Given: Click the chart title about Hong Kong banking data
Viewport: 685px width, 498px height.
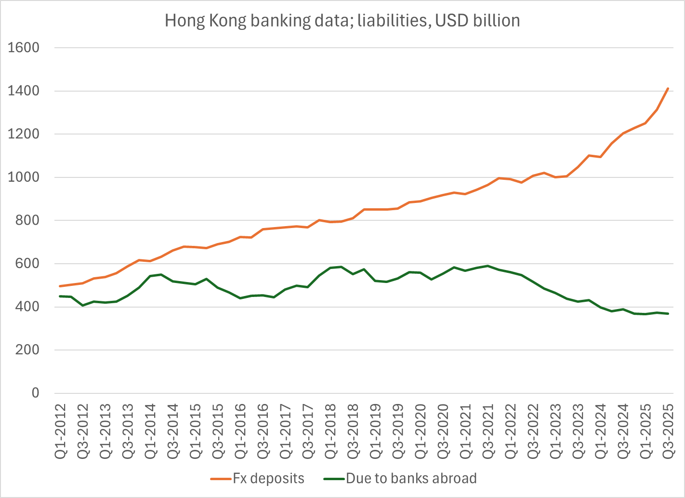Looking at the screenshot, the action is click(x=342, y=21).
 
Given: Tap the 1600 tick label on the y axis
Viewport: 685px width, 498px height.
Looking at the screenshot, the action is click(x=24, y=48).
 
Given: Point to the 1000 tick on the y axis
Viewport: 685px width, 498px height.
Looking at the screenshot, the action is click(x=24, y=177).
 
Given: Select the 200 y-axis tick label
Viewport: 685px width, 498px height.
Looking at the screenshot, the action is click(x=27, y=350).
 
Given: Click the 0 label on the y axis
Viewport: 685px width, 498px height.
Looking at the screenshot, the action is click(x=36, y=393).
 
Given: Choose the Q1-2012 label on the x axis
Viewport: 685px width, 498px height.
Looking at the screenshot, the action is click(x=60, y=431).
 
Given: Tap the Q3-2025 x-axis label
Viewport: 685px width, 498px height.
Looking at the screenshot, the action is click(x=668, y=431).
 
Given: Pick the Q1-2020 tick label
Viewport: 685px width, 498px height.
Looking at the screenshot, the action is click(x=421, y=431).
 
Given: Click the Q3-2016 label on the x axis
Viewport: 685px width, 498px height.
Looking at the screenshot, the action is click(x=263, y=431).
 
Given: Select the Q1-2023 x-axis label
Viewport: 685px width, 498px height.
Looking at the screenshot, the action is click(x=555, y=431).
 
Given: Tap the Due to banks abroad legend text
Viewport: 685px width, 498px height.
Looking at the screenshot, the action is click(x=411, y=479).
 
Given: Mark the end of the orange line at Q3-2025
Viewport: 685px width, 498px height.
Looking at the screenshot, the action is click(x=668, y=88).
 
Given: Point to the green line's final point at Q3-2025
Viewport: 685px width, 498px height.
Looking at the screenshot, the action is click(x=668, y=313).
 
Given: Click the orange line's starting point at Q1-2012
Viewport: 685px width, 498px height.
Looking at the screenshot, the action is click(x=60, y=286).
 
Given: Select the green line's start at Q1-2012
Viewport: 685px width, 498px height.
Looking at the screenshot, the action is click(x=60, y=296).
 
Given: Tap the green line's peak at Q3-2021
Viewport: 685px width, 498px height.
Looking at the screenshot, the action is click(x=488, y=266).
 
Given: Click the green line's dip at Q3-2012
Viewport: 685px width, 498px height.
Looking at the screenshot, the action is click(x=82, y=306).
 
